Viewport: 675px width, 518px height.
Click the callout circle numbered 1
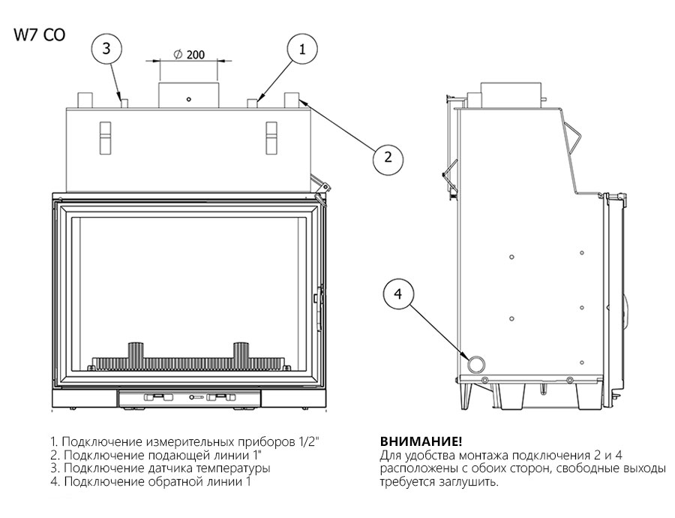pos(302,50)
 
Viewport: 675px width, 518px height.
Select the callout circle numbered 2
pos(387,157)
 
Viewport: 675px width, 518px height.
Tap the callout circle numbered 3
pos(106,49)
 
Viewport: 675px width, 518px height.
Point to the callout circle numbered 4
pos(398,295)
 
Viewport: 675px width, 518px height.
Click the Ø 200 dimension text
pos(189,55)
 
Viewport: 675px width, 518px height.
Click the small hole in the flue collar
pos(189,99)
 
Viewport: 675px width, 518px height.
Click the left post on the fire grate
pos(137,352)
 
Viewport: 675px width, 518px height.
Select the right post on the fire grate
pos(241,352)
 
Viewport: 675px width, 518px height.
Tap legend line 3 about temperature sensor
pos(160,468)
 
